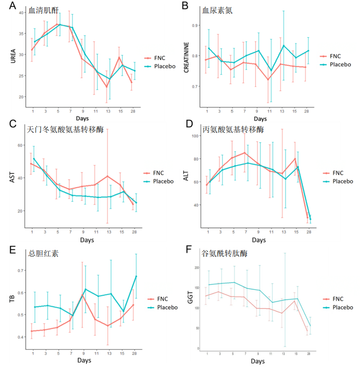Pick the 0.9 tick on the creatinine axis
[195, 25]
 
